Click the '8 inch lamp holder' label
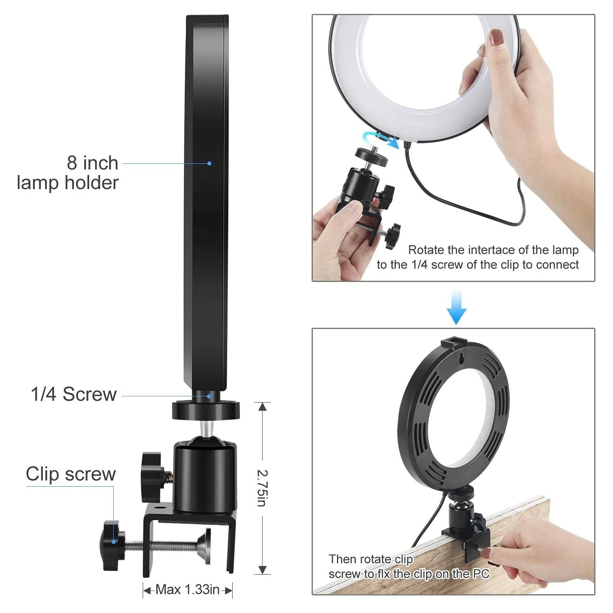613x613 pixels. [68, 173]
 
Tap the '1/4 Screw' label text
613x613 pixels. [74, 394]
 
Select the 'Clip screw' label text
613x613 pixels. [71, 474]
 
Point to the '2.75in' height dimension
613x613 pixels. [262, 488]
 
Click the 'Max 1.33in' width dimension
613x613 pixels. [187, 590]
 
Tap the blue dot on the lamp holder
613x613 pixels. [209, 163]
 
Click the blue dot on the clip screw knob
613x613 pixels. [113, 541]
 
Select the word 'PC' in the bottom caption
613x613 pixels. [481, 574]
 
